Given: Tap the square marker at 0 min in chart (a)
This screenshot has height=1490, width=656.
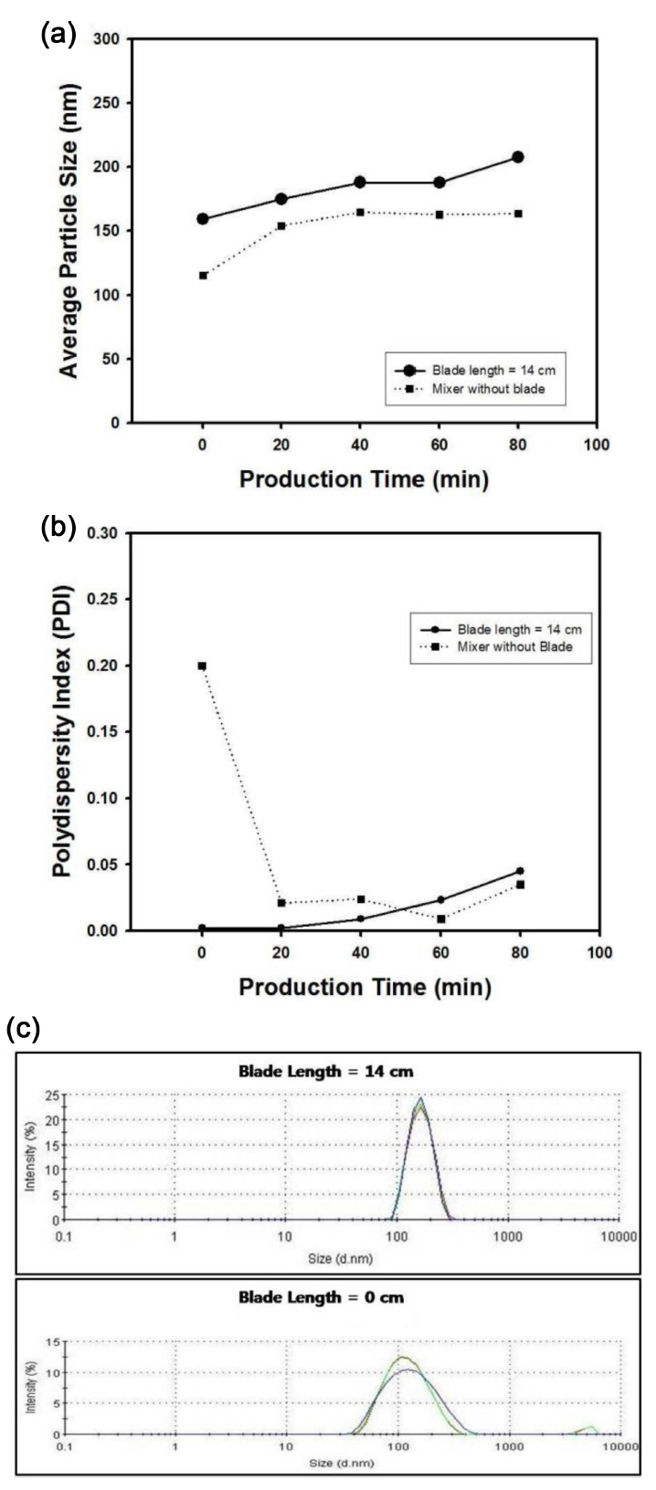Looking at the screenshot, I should click(x=203, y=275).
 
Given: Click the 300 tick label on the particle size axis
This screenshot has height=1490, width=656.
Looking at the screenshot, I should click(x=110, y=39).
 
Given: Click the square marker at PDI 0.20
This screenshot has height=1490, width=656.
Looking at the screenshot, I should click(x=202, y=666).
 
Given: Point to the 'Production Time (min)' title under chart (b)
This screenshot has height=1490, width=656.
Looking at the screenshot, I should click(x=365, y=987).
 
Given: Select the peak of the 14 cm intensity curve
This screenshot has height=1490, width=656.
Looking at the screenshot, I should click(x=420, y=1099).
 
